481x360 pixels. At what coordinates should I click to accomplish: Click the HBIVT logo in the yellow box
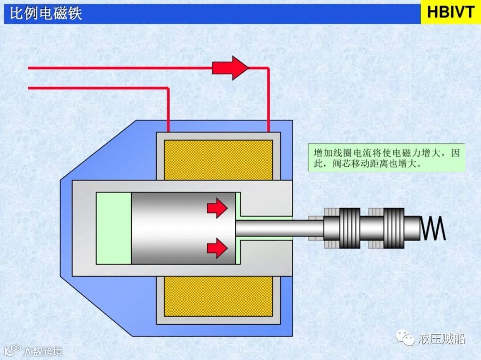click(x=451, y=12)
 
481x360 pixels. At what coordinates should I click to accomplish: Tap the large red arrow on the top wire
click(x=230, y=68)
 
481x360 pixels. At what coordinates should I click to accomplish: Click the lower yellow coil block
click(x=218, y=296)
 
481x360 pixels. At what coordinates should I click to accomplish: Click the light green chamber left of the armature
click(x=114, y=228)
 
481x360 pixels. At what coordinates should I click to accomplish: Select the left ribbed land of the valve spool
click(x=350, y=228)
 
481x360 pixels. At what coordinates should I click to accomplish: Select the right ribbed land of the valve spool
click(x=394, y=228)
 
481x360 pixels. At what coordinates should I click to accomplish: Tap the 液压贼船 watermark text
click(x=441, y=339)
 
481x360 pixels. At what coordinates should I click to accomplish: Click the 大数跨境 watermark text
click(x=42, y=351)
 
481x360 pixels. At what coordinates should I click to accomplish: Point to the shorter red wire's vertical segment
click(x=168, y=109)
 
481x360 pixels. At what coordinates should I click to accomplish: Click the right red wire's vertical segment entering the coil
click(x=268, y=100)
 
